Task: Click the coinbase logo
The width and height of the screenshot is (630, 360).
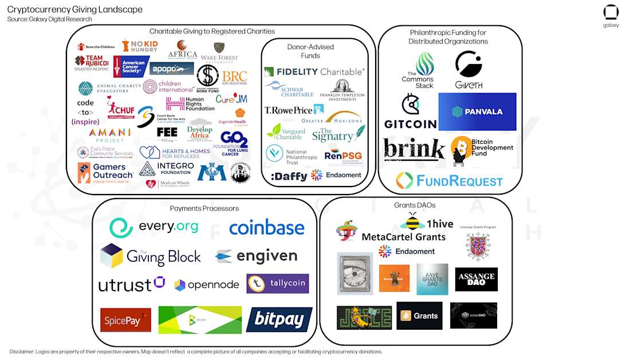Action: (266, 228)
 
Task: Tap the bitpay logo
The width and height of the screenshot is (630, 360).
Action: (279, 319)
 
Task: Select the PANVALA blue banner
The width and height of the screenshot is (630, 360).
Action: (477, 112)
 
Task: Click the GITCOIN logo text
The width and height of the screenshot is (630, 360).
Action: (410, 124)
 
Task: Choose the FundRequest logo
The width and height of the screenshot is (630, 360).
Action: (449, 181)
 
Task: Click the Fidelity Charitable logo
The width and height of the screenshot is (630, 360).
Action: (314, 72)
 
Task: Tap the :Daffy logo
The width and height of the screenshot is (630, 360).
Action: (289, 176)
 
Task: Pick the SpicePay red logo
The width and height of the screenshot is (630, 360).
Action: (125, 320)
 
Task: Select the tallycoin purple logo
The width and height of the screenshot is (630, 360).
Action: (277, 283)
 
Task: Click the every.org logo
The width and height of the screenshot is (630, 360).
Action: (154, 227)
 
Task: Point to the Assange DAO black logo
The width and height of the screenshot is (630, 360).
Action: (476, 279)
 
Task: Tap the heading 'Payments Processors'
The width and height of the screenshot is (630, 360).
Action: (204, 208)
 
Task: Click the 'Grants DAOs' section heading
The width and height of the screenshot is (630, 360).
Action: (415, 205)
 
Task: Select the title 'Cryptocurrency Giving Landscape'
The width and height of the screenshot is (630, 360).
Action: (75, 10)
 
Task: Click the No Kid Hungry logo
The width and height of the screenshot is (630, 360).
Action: (140, 46)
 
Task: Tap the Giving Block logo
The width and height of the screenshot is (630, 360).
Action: (151, 256)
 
